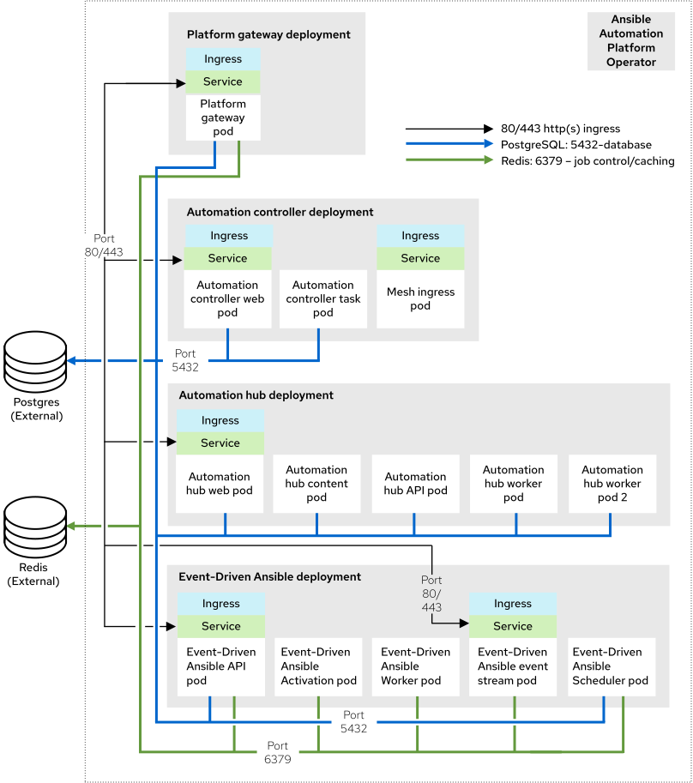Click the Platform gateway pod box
[223, 118]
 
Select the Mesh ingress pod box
[420, 298]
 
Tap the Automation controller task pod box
[322, 298]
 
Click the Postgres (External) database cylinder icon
[35, 361]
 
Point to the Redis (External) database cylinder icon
[35, 527]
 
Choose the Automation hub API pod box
[415, 484]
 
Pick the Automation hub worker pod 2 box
[612, 484]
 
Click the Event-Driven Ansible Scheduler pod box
[612, 666]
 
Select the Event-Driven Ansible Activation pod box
[319, 666]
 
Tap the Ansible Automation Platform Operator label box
[631, 41]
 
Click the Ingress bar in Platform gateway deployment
[223, 59]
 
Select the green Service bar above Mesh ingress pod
[420, 258]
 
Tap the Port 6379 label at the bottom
[278, 752]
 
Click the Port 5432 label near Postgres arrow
[185, 359]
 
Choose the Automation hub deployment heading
[256, 395]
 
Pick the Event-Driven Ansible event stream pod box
[513, 666]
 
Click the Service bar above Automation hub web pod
[220, 443]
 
